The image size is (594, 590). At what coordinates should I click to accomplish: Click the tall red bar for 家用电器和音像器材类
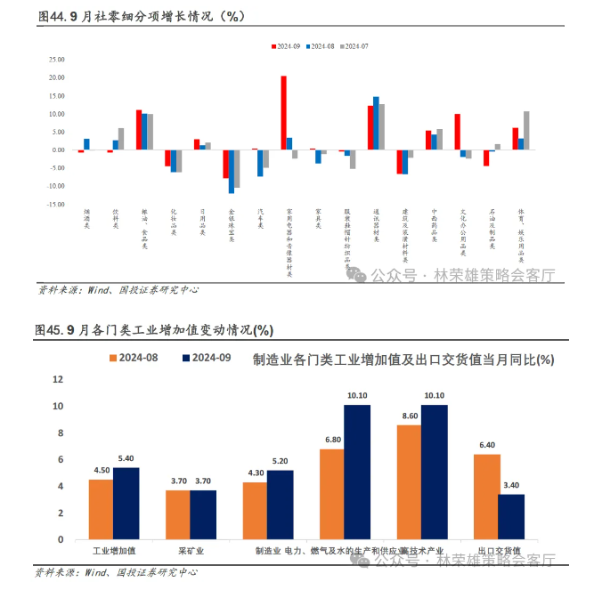tap(284, 113)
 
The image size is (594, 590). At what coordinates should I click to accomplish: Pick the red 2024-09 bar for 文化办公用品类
tap(457, 132)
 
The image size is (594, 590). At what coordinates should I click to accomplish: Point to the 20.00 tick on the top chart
tap(57, 77)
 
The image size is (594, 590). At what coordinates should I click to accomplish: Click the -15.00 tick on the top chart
tap(56, 204)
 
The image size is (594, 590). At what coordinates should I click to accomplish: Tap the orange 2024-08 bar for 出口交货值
tap(486, 497)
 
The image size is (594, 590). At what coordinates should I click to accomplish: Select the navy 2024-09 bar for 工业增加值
tap(126, 503)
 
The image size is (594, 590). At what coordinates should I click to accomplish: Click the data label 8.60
tap(411, 416)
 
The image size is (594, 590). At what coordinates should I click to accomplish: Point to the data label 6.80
tap(333, 440)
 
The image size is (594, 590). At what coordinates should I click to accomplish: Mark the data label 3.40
tap(511, 486)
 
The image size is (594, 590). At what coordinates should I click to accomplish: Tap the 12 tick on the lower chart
tap(59, 379)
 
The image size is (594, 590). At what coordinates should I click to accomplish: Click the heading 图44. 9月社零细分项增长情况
tap(141, 17)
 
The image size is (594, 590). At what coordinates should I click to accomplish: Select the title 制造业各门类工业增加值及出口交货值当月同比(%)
tap(403, 360)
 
